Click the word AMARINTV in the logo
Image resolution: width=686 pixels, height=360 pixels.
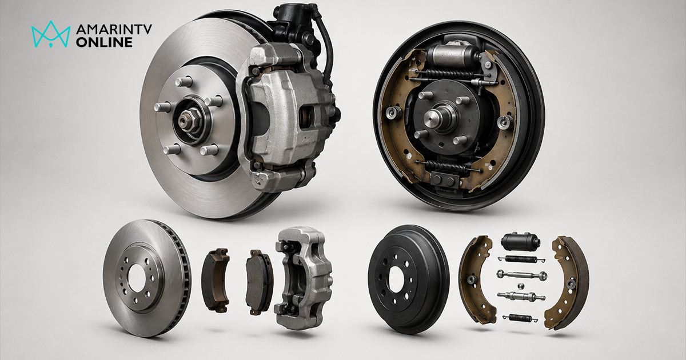(114, 29)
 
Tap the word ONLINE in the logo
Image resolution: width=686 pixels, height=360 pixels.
(104, 42)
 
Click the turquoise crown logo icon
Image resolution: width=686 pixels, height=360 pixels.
(51, 34)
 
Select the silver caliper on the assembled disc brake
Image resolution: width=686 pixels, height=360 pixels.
(288, 117)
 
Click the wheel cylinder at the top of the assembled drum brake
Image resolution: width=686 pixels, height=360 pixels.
(453, 55)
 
